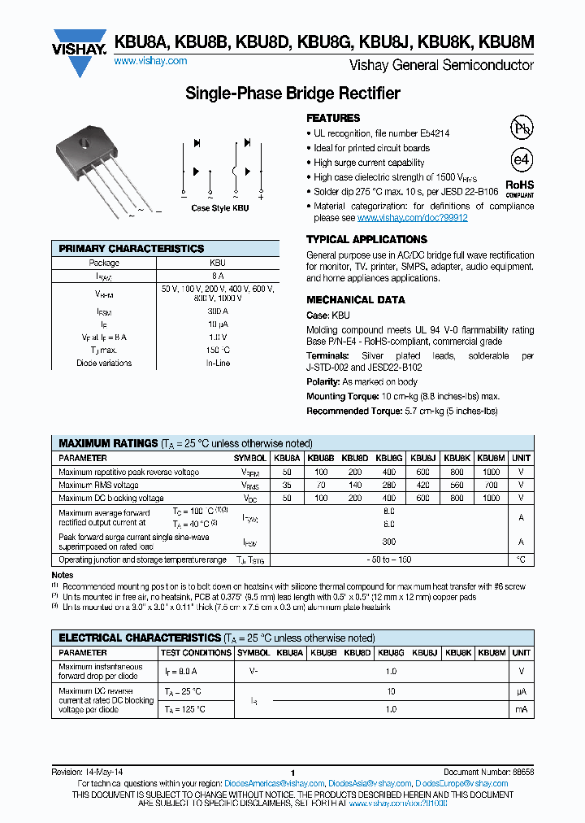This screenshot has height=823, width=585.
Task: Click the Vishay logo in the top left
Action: coord(79,45)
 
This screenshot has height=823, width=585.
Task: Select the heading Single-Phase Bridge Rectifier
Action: coord(292,94)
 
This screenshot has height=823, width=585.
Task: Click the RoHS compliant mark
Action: coord(520,189)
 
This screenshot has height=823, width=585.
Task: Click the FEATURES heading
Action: coord(333,118)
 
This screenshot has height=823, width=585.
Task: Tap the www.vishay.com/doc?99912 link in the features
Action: coord(412,218)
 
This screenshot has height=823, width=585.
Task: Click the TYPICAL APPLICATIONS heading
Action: coord(366,240)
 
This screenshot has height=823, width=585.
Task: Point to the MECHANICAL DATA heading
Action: coord(355,299)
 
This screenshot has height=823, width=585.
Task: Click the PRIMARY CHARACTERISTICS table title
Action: coord(132,249)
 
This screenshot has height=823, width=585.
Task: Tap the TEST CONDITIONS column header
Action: coord(196,652)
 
